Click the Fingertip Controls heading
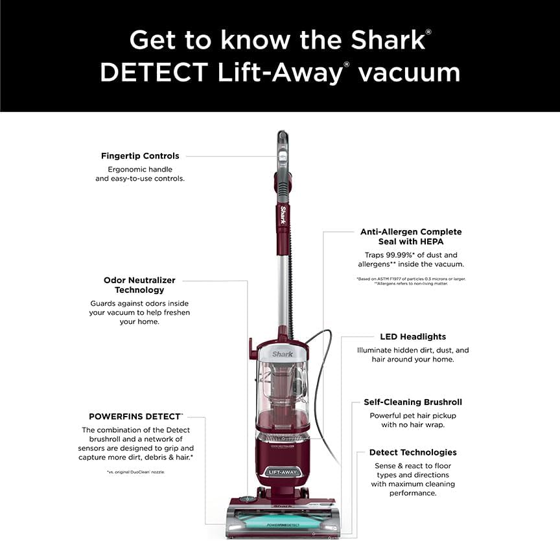140,156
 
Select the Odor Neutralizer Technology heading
139,285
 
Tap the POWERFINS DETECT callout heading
135,416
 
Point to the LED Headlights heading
413,337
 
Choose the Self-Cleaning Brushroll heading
413,402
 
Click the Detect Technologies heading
413,452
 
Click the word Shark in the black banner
387,40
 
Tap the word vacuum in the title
409,72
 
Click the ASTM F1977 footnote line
411,279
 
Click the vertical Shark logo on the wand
283,215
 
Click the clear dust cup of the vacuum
283,392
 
